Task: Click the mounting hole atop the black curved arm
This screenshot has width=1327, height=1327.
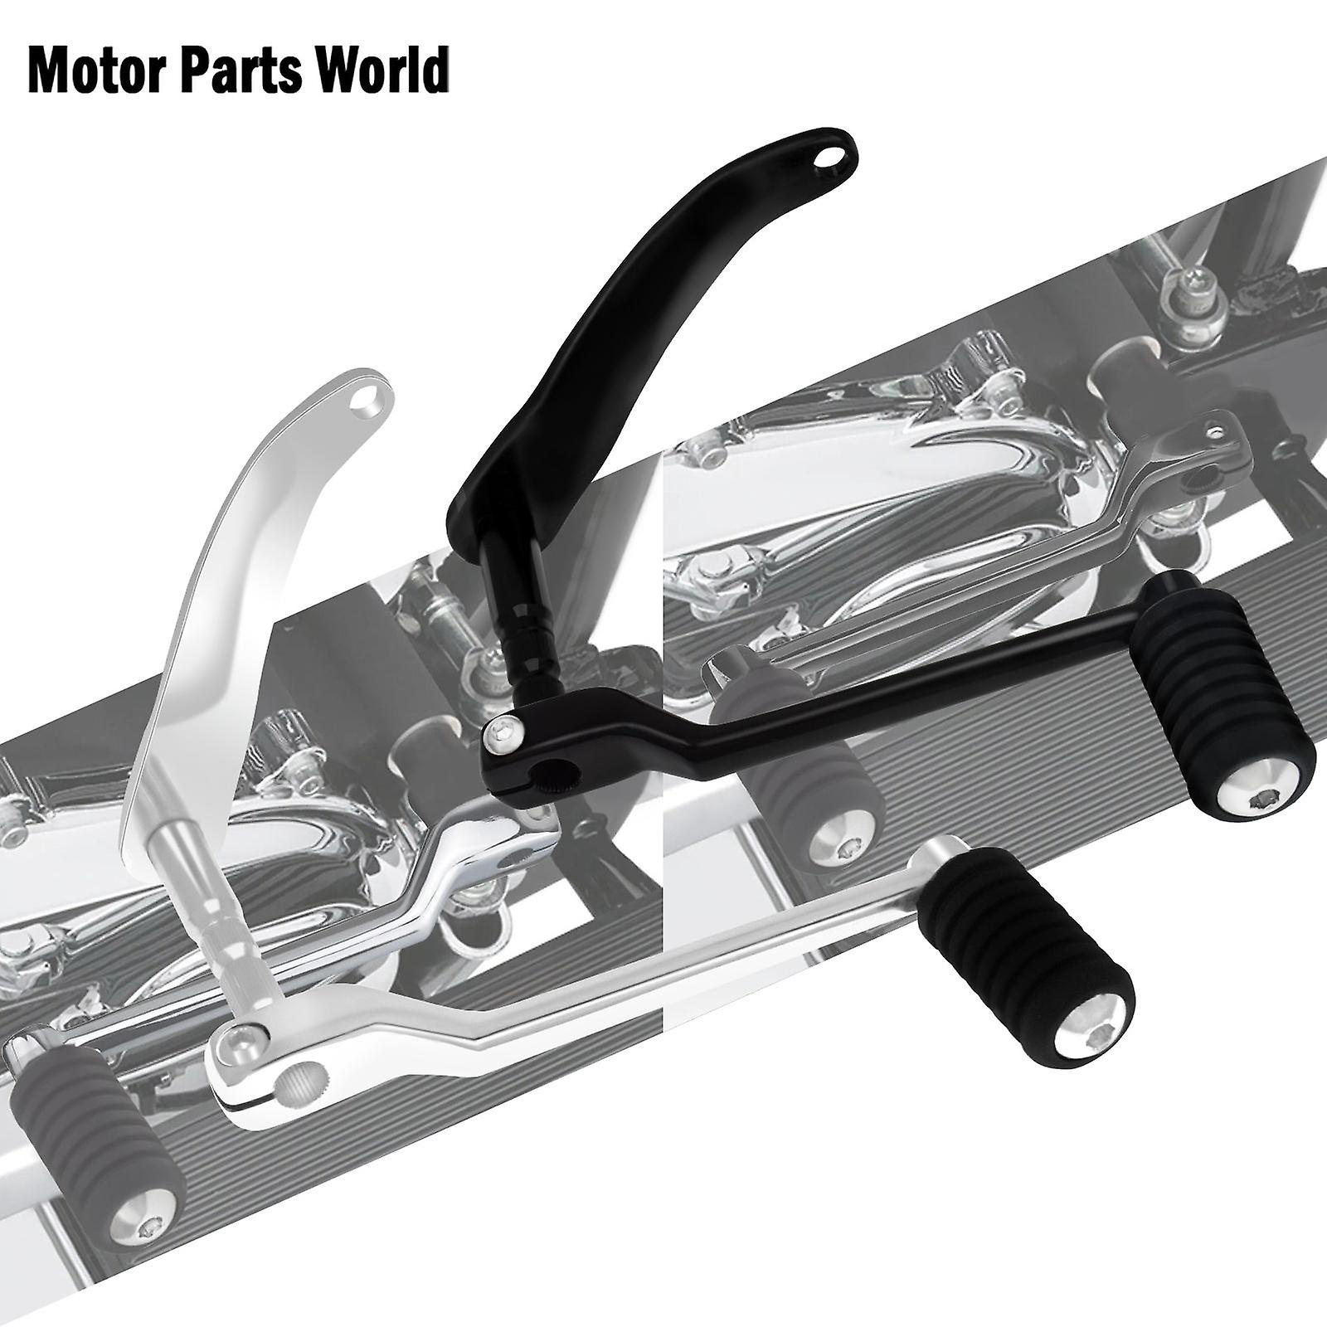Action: point(824,156)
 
